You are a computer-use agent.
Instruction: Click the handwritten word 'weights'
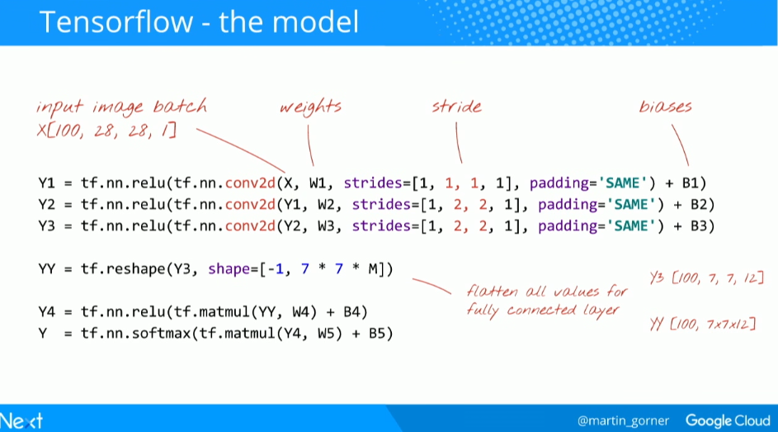point(310,107)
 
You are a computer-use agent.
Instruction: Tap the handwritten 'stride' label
point(456,107)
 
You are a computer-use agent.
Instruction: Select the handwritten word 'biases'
point(665,107)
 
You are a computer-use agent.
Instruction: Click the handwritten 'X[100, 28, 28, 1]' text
point(106,130)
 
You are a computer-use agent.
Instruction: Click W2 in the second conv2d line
point(325,204)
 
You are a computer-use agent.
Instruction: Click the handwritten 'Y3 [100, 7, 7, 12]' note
point(707,278)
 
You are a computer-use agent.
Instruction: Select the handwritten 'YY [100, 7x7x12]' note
point(704,323)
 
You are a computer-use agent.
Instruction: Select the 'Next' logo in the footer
point(22,420)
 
